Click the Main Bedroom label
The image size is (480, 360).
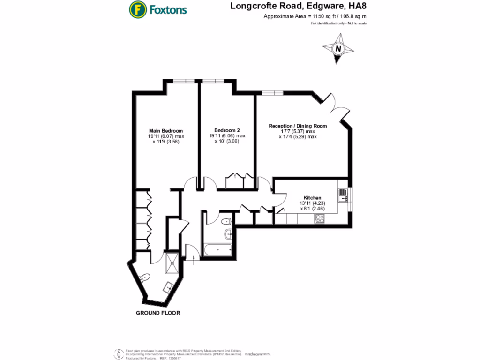tap(166, 130)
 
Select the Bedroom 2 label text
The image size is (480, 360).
tap(227, 130)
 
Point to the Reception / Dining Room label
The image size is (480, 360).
tap(298, 126)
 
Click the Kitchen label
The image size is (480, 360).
tap(312, 197)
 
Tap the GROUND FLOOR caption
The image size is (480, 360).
tap(158, 313)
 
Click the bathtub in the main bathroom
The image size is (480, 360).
tap(218, 250)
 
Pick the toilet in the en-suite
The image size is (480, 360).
tap(145, 277)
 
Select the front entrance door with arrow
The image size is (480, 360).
tap(191, 254)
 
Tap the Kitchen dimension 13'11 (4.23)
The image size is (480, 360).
tap(312, 203)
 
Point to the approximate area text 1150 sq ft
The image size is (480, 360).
tap(315, 16)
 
